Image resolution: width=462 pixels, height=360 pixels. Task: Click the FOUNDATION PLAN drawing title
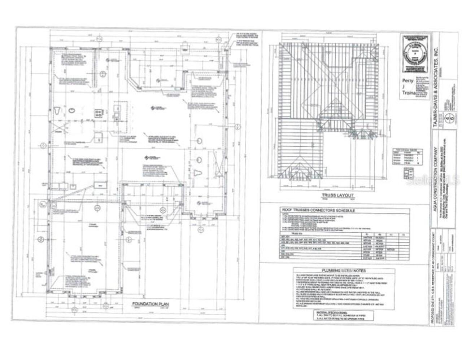point(150,304)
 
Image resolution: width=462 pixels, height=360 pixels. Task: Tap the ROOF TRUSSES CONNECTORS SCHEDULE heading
point(318,211)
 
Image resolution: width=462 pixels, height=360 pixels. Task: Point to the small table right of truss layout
point(407,157)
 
